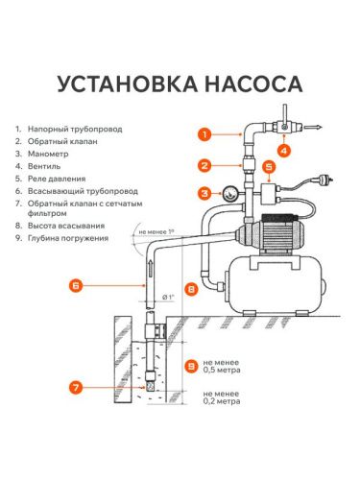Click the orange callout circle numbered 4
click(283, 149)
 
